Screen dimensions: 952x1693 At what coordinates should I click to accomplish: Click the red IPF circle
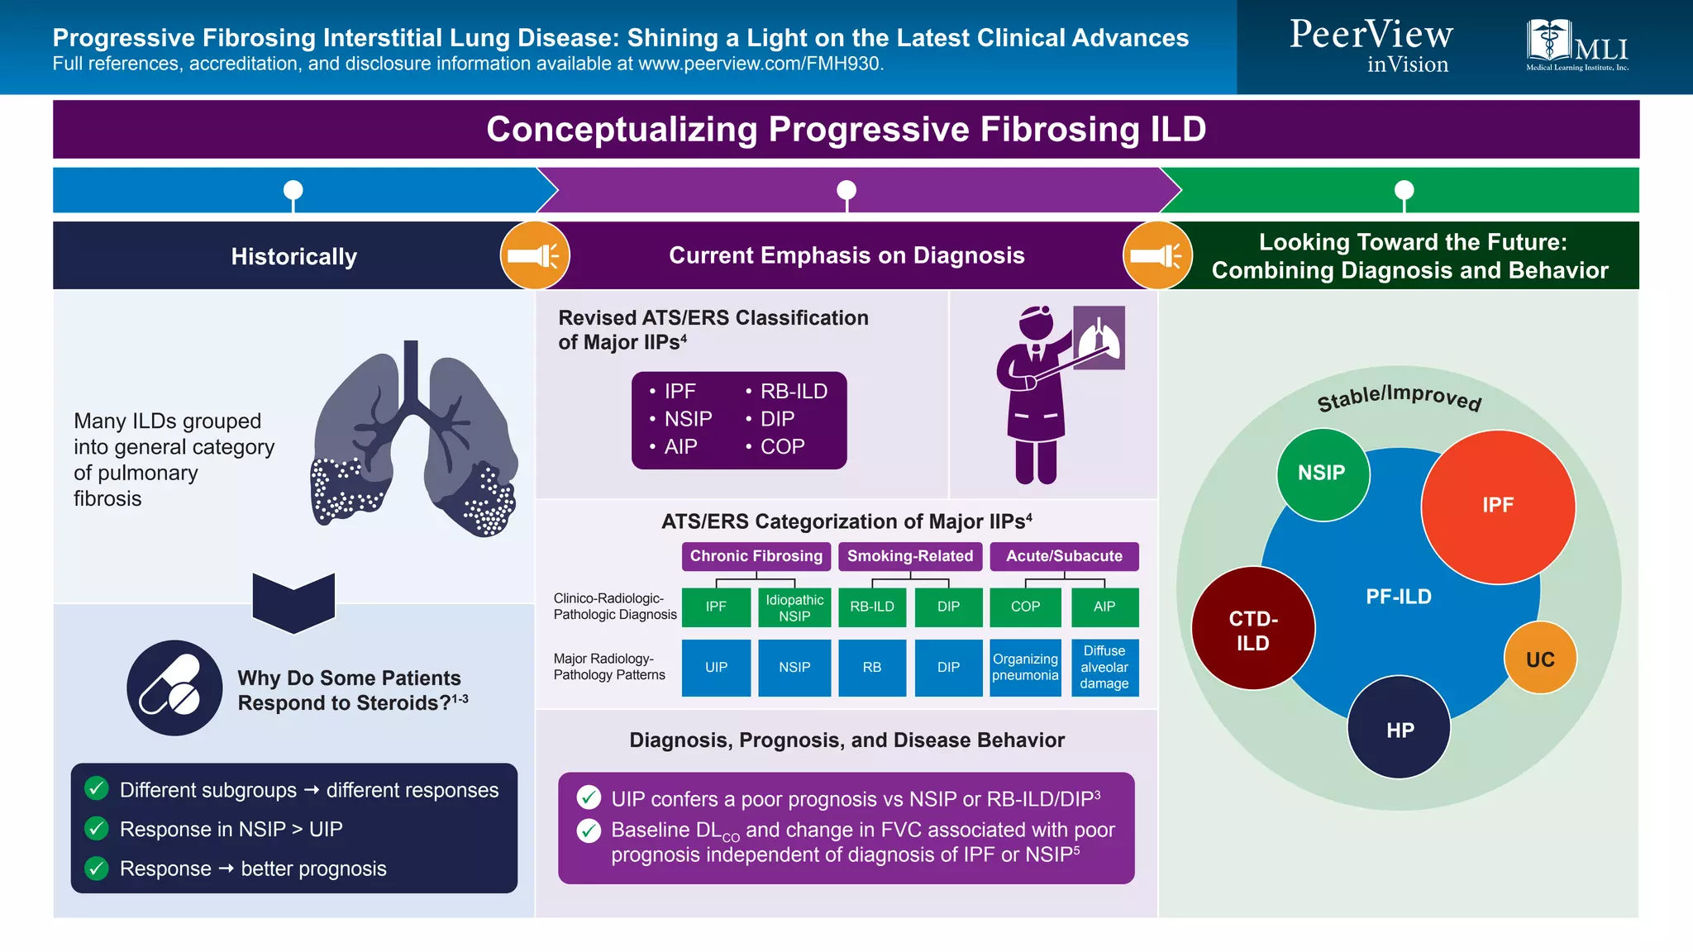coord(1497,506)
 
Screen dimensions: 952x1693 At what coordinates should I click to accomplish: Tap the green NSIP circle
coord(1322,474)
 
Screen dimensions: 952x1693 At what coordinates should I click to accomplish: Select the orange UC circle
coord(1539,659)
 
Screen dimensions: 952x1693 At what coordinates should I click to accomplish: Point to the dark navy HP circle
coord(1399,728)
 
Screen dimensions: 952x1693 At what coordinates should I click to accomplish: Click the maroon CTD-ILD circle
coord(1252,629)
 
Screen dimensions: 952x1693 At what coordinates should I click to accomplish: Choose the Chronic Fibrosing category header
coord(756,556)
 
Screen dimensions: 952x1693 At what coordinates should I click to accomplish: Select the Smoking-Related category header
coord(909,556)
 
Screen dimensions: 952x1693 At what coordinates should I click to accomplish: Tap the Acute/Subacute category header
coord(1064,556)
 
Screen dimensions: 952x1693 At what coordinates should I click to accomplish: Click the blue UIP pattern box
coord(716,668)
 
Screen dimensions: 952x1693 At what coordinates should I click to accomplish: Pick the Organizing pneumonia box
coord(1025,668)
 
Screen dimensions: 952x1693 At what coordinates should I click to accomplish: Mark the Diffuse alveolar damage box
coord(1104,668)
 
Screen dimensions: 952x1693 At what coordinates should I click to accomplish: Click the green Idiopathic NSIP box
coord(794,607)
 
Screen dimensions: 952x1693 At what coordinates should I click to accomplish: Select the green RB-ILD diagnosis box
coord(872,607)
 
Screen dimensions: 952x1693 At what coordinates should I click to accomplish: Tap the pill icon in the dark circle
coord(174,688)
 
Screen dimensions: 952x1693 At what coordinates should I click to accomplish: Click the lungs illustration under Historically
coord(413,442)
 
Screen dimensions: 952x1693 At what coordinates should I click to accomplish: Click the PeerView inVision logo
coord(1371,45)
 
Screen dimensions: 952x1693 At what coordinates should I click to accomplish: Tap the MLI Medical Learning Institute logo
coord(1576,45)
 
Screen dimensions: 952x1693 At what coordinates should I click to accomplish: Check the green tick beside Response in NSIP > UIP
coord(97,828)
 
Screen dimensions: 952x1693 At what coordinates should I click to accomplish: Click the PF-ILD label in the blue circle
coord(1398,597)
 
